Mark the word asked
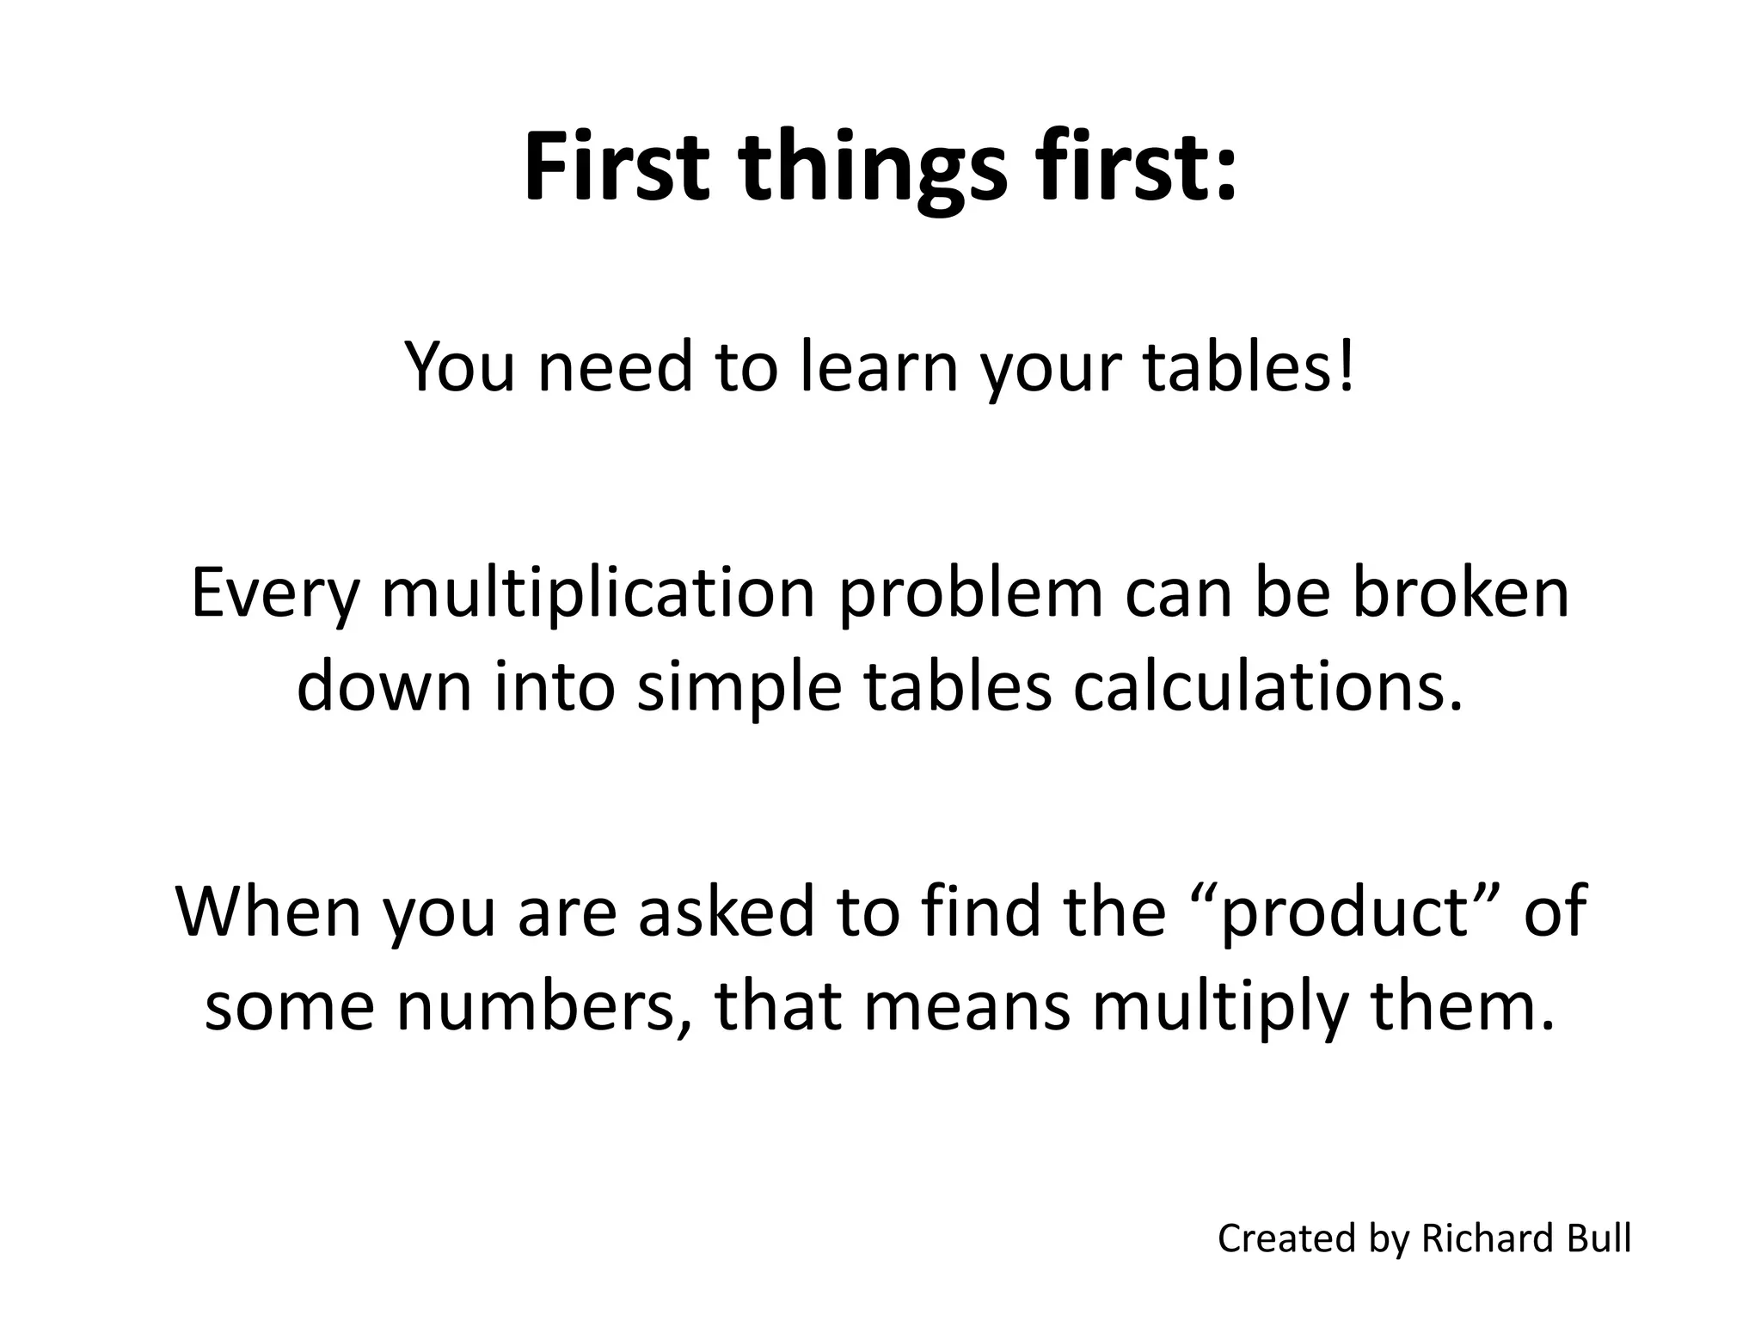point(727,911)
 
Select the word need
point(616,367)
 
